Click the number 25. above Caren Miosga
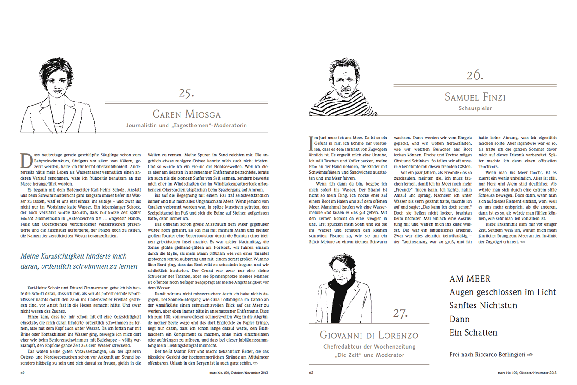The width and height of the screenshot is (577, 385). coord(187,93)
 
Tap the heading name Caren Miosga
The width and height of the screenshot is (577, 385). coord(186,114)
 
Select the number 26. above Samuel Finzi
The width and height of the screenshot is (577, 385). coord(474,75)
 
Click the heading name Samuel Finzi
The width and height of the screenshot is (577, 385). coord(475,97)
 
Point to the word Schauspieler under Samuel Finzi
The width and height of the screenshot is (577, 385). coord(474,108)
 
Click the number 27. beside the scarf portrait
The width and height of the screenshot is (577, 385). coord(401,314)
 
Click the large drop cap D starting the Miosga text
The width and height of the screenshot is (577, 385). coord(26,160)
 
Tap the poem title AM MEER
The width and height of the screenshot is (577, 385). coord(470,279)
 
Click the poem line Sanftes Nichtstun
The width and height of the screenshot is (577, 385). coord(483,306)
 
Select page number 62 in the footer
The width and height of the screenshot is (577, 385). coord(311,372)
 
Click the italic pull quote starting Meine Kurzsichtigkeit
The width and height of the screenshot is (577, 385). coord(79,261)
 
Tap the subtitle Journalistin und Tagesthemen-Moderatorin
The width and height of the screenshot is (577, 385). coord(187,125)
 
